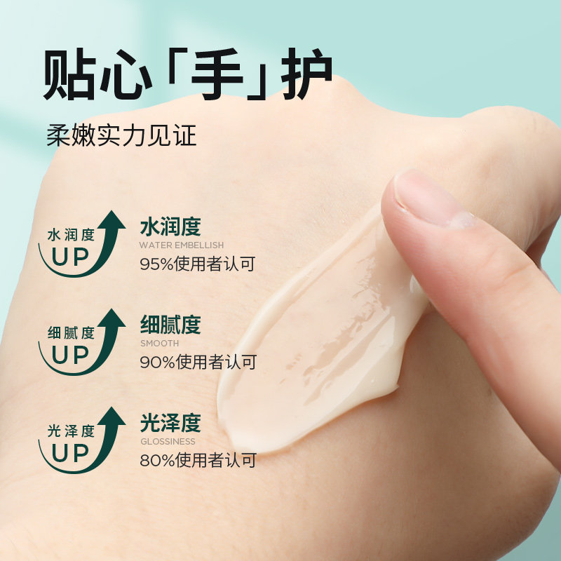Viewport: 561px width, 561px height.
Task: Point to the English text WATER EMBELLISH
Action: pyautogui.click(x=182, y=245)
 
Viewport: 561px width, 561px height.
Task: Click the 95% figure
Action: pyautogui.click(x=156, y=264)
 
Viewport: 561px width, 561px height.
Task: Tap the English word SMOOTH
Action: pyautogui.click(x=159, y=344)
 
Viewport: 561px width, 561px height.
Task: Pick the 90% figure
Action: pyautogui.click(x=156, y=363)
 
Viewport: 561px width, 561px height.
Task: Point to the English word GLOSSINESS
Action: pyautogui.click(x=168, y=442)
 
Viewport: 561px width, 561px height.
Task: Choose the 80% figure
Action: pyautogui.click(x=156, y=461)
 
